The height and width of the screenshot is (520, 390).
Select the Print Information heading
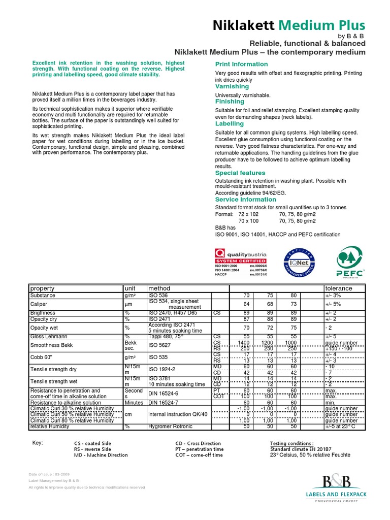[242, 64]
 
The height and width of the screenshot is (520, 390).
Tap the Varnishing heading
[232, 86]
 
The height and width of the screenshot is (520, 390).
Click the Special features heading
[240, 173]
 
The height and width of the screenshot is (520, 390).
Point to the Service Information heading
[246, 200]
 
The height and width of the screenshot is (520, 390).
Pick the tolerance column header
[339, 288]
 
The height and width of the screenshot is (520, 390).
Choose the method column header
[158, 288]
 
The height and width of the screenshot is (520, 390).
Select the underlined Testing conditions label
[291, 443]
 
